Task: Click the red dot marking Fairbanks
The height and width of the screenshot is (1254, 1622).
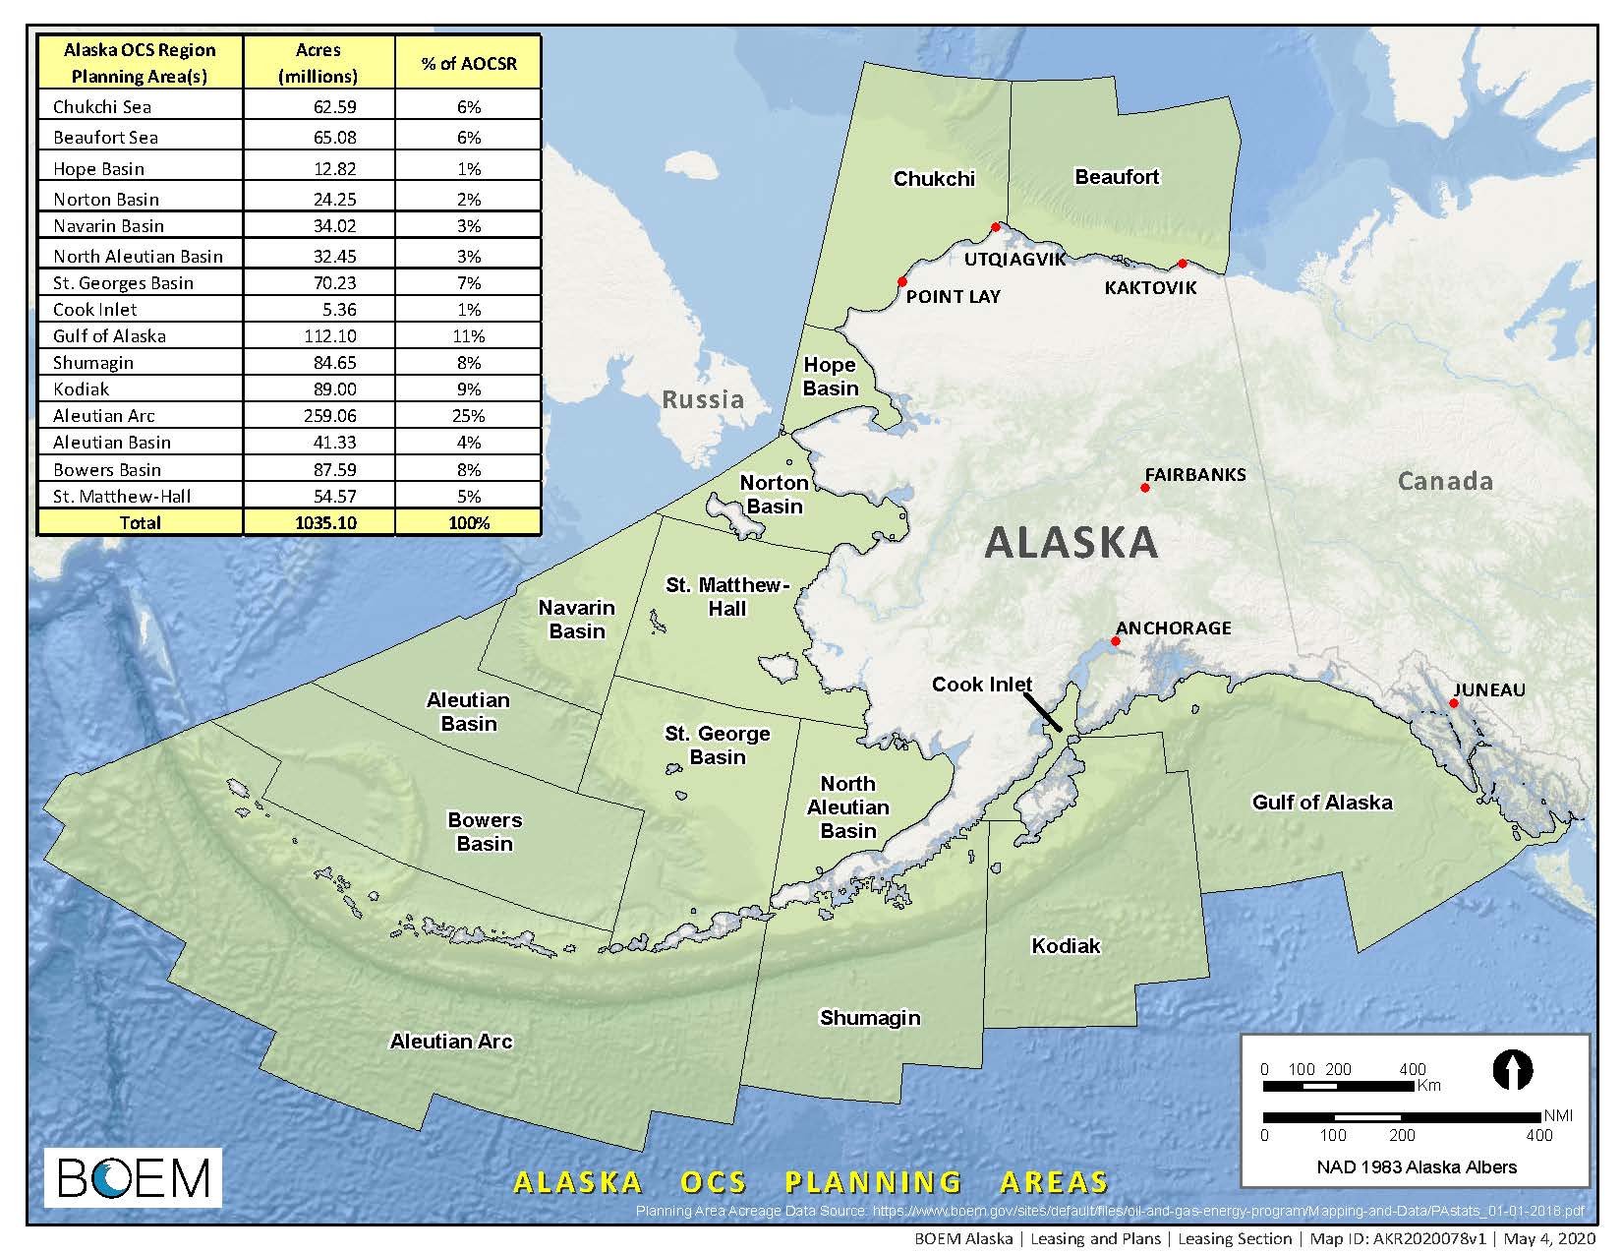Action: [1145, 488]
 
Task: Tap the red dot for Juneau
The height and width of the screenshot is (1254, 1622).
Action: [1454, 703]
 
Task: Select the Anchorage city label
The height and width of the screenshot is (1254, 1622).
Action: [1173, 627]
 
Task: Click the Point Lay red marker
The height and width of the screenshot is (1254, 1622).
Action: [902, 282]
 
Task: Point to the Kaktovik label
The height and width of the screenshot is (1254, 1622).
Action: [1150, 288]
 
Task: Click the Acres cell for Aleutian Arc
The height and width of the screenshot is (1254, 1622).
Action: [319, 416]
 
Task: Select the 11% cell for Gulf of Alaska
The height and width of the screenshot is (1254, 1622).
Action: [468, 336]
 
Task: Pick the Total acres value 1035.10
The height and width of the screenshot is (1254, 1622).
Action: [319, 522]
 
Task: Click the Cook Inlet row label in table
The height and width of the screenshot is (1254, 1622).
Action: [95, 310]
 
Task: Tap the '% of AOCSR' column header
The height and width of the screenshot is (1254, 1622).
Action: [468, 63]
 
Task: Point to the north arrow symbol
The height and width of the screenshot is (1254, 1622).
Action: [1512, 1069]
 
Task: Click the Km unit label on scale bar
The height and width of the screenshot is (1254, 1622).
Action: [1428, 1086]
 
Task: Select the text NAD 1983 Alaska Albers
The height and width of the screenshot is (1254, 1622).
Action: [1416, 1167]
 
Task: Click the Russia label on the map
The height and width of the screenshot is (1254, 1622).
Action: [702, 399]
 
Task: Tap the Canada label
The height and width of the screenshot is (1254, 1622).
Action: [1444, 481]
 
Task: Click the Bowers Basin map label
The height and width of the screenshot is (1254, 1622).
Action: [485, 832]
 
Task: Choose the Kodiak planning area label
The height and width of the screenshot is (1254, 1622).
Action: [1066, 946]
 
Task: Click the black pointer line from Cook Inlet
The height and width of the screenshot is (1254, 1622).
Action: [1042, 712]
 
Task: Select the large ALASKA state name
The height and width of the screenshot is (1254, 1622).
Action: [1071, 543]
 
